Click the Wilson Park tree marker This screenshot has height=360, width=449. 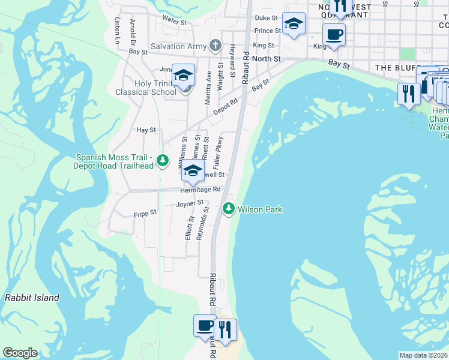tap(228, 209)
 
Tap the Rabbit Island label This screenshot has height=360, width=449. tap(32, 298)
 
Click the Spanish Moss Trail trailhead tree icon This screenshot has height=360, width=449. tap(162, 160)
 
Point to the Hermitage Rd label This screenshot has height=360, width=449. tap(200, 190)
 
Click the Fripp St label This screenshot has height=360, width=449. tap(145, 213)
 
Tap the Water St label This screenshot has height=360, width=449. tap(175, 19)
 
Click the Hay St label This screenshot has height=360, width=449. tap(146, 130)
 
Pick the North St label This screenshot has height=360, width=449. tap(266, 59)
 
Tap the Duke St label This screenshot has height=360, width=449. tap(267, 19)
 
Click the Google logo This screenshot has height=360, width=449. tap(20, 353)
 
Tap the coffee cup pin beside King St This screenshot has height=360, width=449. tap(334, 34)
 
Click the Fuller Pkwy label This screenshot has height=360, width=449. tap(219, 151)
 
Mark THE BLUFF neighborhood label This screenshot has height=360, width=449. tap(396, 68)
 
